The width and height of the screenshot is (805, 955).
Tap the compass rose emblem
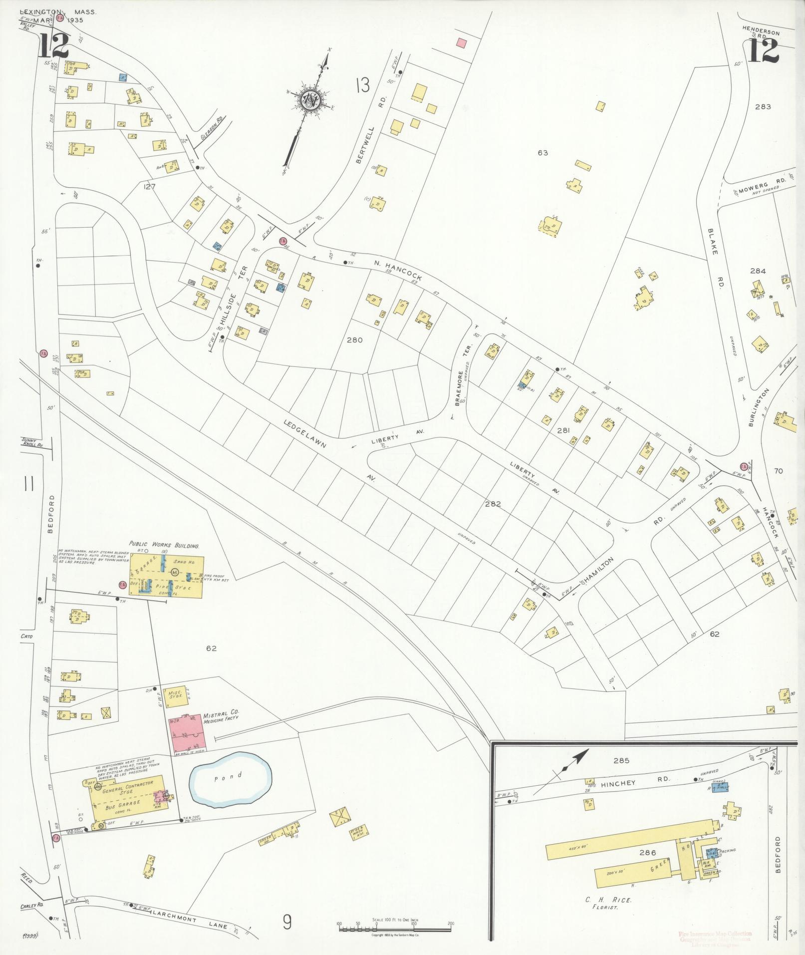309,101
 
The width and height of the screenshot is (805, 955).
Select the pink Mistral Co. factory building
186,733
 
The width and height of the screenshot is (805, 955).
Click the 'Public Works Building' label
164,546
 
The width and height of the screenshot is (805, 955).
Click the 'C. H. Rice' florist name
608,900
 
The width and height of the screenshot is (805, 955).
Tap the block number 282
493,504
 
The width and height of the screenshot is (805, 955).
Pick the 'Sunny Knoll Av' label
33,442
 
